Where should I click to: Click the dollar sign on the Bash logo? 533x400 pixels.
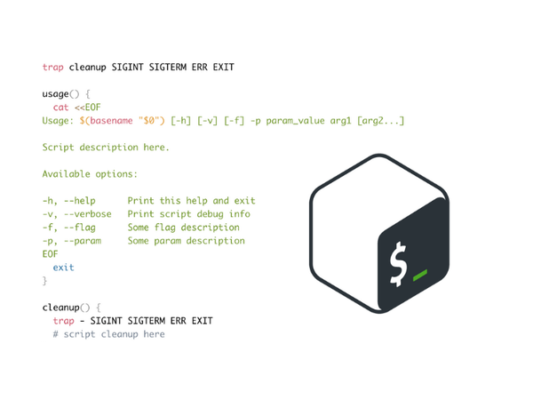(398, 264)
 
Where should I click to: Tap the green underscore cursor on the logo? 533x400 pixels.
(420, 276)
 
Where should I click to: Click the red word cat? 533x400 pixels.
(60, 108)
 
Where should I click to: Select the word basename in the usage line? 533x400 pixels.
(112, 121)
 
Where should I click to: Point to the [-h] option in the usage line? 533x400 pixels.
(180, 121)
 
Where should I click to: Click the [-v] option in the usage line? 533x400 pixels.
(207, 121)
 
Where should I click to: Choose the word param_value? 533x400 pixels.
(295, 121)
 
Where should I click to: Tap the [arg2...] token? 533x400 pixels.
(381, 121)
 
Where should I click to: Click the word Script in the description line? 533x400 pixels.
(58, 148)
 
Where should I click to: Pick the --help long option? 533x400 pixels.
(80, 201)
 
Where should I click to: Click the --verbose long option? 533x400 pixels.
(87, 214)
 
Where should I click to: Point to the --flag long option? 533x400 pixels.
(80, 228)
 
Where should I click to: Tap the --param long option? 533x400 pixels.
(83, 241)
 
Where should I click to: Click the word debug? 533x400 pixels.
(210, 214)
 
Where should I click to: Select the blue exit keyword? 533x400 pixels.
(63, 268)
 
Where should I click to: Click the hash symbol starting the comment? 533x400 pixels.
(55, 334)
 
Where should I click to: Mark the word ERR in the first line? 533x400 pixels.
(199, 67)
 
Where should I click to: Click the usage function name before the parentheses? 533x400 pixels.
(55, 94)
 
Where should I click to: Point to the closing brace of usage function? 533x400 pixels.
(44, 281)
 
